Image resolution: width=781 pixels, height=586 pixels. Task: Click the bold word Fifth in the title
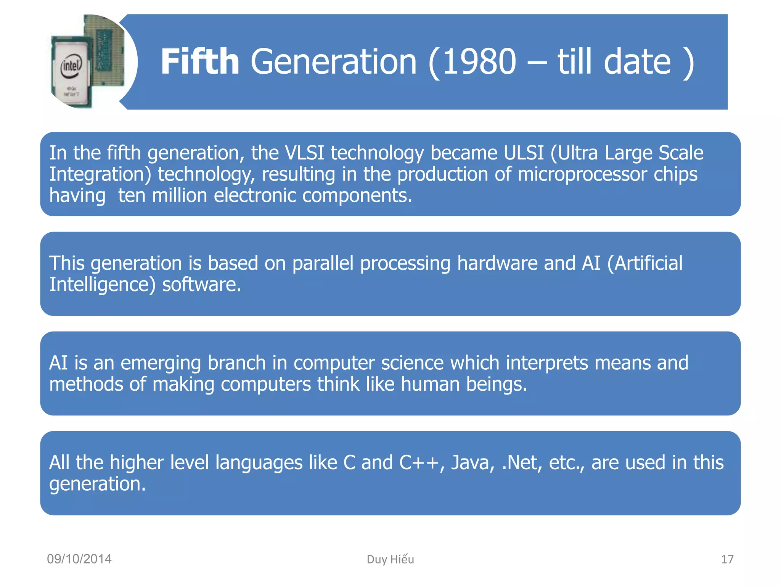200,62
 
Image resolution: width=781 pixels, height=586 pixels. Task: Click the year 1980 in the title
479,62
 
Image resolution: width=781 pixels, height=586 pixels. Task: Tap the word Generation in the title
333,62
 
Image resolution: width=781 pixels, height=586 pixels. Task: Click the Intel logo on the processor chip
71,66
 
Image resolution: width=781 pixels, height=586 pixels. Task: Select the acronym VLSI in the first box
304,153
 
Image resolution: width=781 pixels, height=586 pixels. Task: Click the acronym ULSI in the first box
524,153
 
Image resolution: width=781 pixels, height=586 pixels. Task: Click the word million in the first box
179,196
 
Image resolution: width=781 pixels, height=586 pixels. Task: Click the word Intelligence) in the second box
102,285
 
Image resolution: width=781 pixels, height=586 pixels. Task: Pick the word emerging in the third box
161,363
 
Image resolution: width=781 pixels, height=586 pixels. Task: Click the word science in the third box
412,363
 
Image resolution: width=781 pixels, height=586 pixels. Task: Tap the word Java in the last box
472,463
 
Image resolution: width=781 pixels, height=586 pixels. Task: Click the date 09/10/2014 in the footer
79,559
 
